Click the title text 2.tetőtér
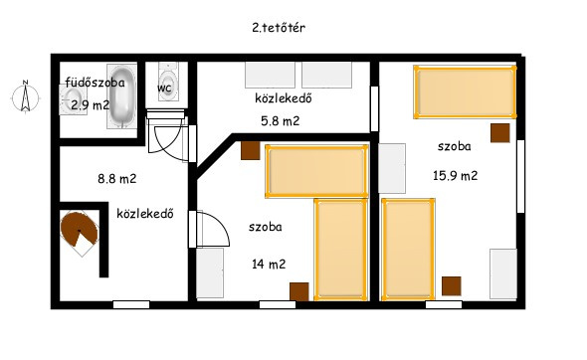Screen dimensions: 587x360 tap(279, 28)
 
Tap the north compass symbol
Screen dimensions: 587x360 tap(25, 96)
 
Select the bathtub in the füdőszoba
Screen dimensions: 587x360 tap(121, 96)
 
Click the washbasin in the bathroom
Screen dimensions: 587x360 tap(73, 99)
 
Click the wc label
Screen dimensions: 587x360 tap(164, 88)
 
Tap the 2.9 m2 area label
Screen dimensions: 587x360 tap(91, 105)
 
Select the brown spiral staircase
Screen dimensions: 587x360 tap(79, 233)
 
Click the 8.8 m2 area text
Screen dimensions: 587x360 tap(116, 179)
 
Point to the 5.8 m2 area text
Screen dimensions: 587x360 tap(280, 121)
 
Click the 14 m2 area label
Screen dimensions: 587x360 tap(269, 265)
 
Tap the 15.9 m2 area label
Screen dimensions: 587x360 tap(456, 175)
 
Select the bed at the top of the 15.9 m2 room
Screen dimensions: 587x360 tap(465, 92)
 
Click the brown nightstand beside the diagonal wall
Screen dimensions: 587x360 tap(250, 150)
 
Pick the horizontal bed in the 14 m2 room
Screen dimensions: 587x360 tap(316, 171)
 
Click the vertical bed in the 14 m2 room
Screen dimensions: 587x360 tap(340, 250)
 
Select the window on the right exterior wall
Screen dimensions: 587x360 tap(520, 176)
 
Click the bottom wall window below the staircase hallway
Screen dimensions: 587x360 tap(131, 304)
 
